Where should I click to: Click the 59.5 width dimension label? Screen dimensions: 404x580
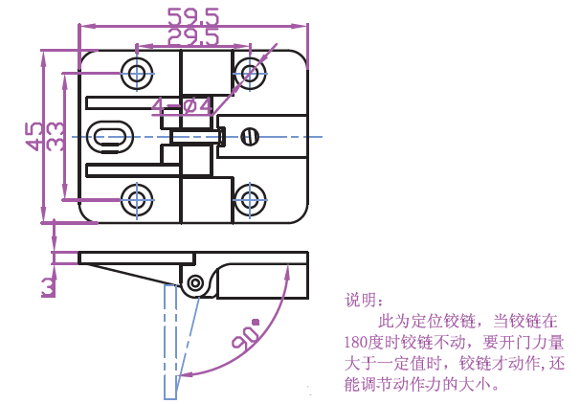pos(192,17)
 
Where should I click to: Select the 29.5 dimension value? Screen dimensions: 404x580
pos(192,38)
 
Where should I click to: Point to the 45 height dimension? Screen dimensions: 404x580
pos(34,135)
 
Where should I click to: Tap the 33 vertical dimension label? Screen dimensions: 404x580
pos(56,135)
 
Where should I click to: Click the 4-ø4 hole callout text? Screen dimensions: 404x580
pos(182,106)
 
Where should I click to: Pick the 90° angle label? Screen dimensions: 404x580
pos(245,335)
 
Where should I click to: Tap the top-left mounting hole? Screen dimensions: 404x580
pos(136,72)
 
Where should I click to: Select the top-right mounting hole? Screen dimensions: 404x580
pos(251,72)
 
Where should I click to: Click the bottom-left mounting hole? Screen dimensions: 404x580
pos(136,200)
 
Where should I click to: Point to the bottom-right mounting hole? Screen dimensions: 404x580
pos(251,200)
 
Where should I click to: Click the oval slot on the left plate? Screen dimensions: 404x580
pos(110,135)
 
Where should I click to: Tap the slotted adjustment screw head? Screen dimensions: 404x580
pos(251,135)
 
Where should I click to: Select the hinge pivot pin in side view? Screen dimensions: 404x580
pos(196,283)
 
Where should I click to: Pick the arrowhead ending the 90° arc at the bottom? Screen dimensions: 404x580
pos(184,374)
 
